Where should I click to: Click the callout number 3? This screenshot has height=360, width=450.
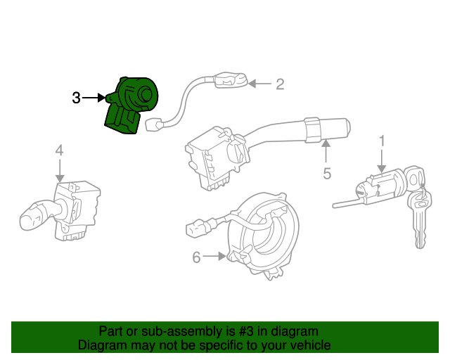click(x=76, y=98)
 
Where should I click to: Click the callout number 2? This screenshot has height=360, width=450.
click(x=280, y=84)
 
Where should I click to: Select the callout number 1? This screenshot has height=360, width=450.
click(x=382, y=141)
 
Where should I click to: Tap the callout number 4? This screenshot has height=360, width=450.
click(x=59, y=150)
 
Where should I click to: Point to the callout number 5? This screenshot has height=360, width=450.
click(x=327, y=173)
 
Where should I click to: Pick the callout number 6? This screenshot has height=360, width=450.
click(x=196, y=257)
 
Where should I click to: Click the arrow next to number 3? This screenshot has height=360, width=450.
click(x=94, y=98)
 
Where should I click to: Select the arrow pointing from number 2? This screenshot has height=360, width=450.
click(x=259, y=84)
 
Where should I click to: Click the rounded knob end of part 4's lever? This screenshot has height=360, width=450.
click(x=30, y=220)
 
